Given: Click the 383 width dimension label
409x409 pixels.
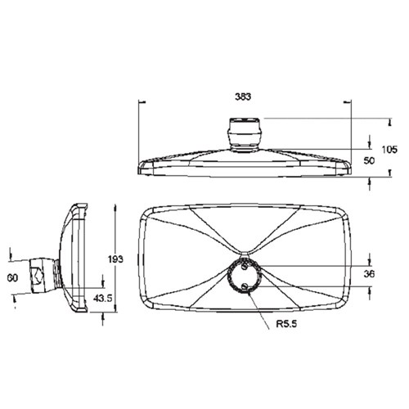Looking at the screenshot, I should [242, 97].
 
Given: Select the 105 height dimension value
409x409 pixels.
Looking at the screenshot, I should [389, 149].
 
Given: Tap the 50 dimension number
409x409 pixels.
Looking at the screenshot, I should [369, 162].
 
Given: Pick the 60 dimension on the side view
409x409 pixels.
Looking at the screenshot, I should [12, 279].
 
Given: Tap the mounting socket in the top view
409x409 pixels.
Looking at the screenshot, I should [245, 132].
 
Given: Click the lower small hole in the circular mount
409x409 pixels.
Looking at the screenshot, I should [245, 285].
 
